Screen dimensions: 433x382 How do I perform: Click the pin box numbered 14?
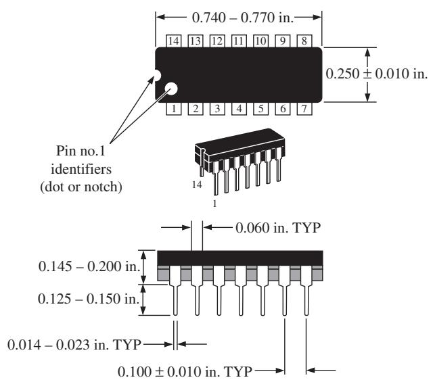coord(173,41)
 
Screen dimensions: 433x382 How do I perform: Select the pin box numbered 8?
coord(304,41)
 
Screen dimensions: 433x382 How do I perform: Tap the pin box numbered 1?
coord(173,108)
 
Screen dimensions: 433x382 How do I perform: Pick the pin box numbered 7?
coord(304,108)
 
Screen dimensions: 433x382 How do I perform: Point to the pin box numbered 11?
coord(239,41)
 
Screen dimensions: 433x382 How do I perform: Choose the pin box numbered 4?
coord(239,108)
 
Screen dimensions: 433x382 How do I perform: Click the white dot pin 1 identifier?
coord(171,89)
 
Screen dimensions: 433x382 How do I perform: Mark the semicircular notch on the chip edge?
coord(158,75)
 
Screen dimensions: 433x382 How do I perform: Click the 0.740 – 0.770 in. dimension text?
coord(242,18)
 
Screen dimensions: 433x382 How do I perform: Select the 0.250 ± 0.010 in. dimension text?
coord(377,74)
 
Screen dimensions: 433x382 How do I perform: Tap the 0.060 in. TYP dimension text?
coord(278,228)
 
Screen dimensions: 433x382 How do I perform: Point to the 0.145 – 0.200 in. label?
coord(90,266)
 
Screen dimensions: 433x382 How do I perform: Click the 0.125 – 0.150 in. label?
coord(89,299)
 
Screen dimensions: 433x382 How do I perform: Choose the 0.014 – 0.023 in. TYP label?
coord(74,345)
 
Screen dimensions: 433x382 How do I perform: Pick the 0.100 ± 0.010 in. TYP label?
coord(185,371)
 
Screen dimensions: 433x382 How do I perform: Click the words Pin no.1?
coord(81,151)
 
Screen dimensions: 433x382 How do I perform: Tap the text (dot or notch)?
coord(81,187)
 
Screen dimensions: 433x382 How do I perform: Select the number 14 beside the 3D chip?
coord(197,185)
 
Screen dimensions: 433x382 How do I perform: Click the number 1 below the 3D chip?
coord(215,204)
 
